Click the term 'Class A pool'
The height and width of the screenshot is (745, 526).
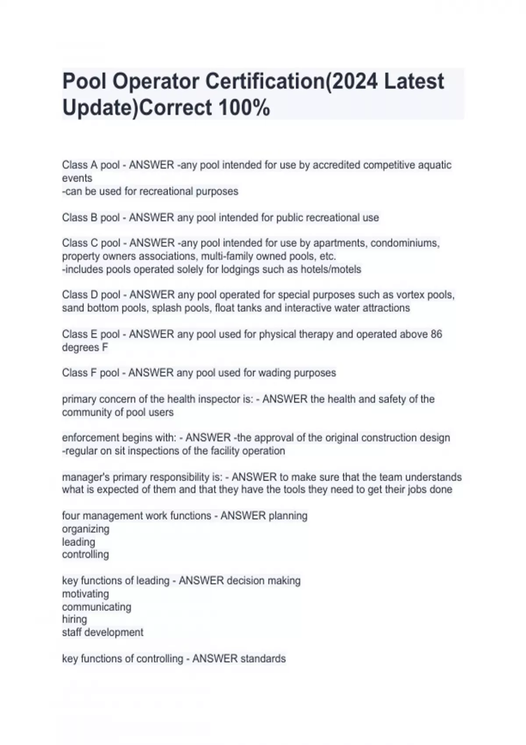pyautogui.click(x=91, y=165)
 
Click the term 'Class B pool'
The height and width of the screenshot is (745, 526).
pyautogui.click(x=91, y=218)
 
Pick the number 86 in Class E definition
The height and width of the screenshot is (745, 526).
pyautogui.click(x=436, y=334)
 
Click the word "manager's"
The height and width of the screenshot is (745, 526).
pyautogui.click(x=85, y=477)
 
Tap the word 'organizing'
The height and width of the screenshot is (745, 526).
pyautogui.click(x=85, y=529)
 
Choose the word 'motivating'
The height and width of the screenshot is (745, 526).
pyautogui.click(x=85, y=594)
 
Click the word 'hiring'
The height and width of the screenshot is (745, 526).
pyautogui.click(x=75, y=620)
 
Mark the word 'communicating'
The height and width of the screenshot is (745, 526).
pyautogui.click(x=96, y=607)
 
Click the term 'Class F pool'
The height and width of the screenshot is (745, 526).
pyautogui.click(x=90, y=373)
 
